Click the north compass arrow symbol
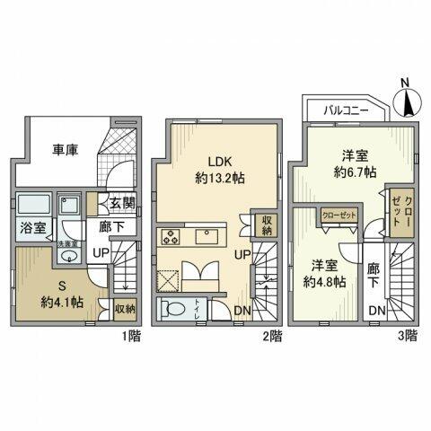click(405, 100)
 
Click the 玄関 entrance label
click(122, 204)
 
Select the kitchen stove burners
click(172, 237)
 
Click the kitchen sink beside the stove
click(211, 237)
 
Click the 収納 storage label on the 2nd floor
click(268, 224)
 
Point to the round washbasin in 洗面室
click(67, 256)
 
